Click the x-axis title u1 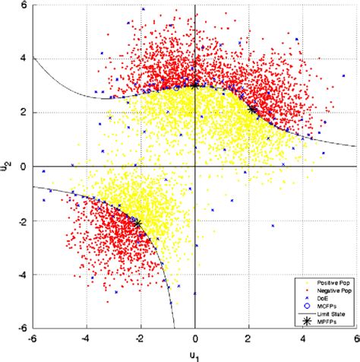pyautogui.click(x=196, y=354)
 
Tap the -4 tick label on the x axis pyautogui.click(x=85, y=340)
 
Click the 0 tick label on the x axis pyautogui.click(x=196, y=340)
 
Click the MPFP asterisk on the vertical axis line pyautogui.click(x=195, y=85)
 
